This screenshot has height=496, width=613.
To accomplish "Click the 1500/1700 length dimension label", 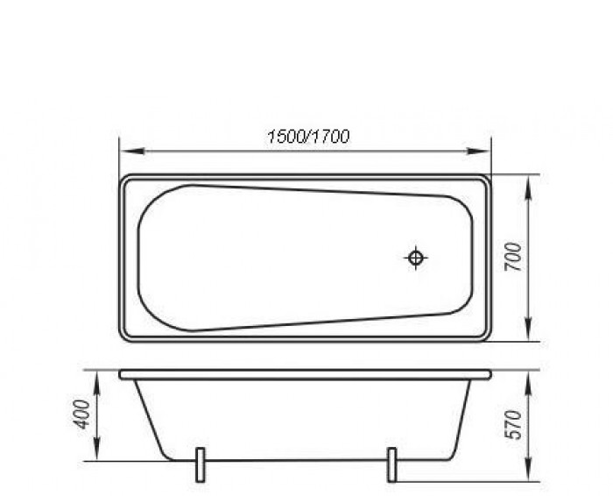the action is click(x=308, y=137).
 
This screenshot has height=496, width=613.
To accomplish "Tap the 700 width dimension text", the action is click(x=513, y=257).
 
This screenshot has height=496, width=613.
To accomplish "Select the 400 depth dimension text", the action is click(x=82, y=415).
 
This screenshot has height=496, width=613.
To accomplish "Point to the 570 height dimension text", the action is click(x=513, y=425).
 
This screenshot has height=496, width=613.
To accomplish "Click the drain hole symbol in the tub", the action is click(x=415, y=258).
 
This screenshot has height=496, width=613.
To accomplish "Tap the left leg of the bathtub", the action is click(x=200, y=464).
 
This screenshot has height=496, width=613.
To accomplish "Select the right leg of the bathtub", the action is click(x=391, y=464).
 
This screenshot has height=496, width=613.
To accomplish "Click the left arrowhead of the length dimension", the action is click(x=132, y=152).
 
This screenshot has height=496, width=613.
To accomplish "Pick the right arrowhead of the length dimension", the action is click(x=478, y=152).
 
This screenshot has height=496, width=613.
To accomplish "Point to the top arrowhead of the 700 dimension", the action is click(x=528, y=188).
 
